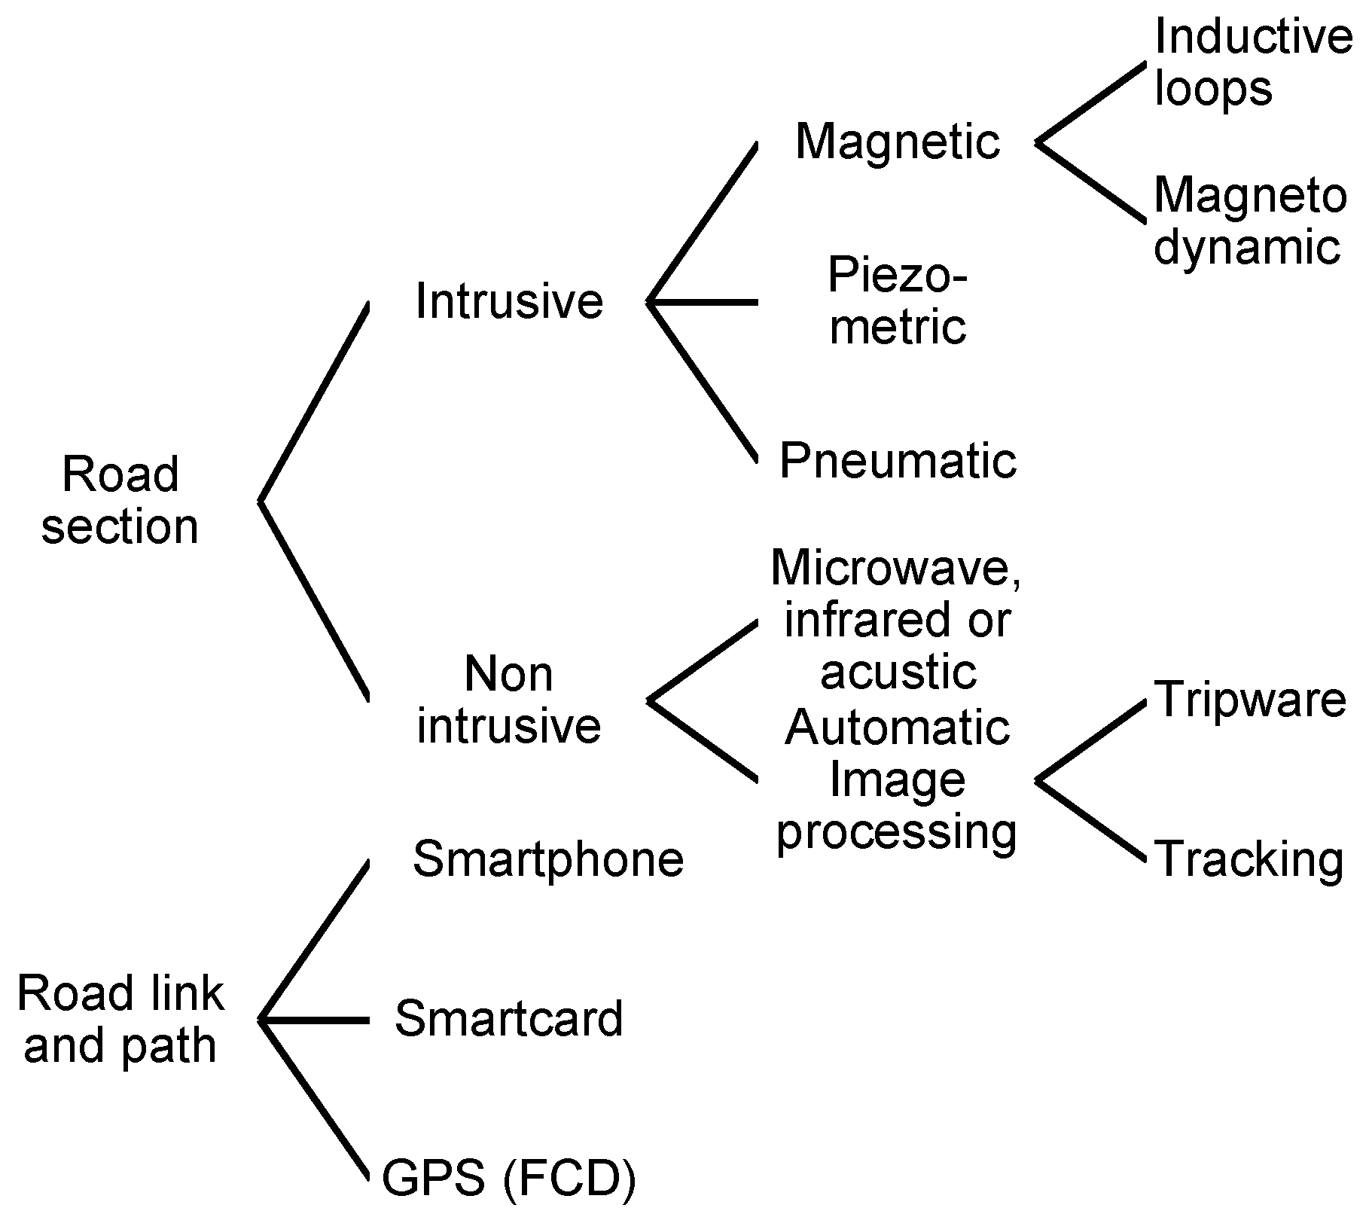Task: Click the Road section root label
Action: [120, 500]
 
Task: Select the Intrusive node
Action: [509, 301]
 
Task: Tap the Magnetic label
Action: [897, 142]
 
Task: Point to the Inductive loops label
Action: [1252, 62]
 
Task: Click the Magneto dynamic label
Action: [1250, 221]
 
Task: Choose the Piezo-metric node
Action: [897, 301]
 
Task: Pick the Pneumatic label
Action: [897, 461]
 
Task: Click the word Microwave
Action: [895, 568]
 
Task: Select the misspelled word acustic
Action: [898, 672]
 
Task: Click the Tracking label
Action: [1249, 860]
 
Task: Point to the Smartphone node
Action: [548, 859]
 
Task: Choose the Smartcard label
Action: [509, 1019]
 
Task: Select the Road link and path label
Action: [120, 1019]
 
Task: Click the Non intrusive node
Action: [509, 700]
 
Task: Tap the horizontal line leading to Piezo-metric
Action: [703, 302]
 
